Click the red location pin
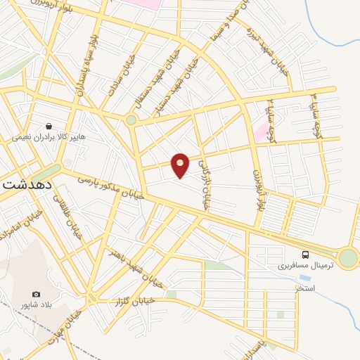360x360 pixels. click(x=180, y=165)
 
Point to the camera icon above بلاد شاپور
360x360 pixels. click(x=36, y=294)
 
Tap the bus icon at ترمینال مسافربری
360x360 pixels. click(x=305, y=255)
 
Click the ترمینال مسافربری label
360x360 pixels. click(x=283, y=266)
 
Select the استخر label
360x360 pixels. click(x=305, y=289)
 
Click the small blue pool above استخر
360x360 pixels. click(x=304, y=278)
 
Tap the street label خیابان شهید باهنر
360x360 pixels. click(x=137, y=268)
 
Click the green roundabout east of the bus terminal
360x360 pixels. click(x=347, y=258)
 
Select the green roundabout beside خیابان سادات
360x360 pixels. click(x=131, y=120)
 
